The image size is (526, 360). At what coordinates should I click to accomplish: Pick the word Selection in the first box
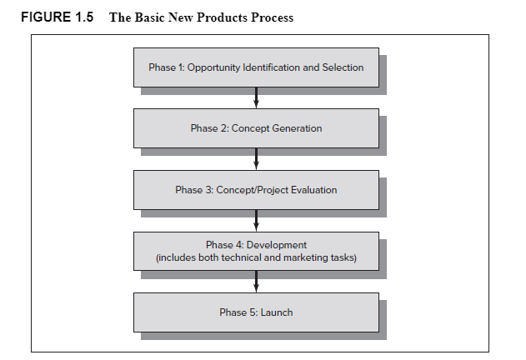point(343,67)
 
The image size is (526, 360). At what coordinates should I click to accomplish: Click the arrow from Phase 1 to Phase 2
point(256,98)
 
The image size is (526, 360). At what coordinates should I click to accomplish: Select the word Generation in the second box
point(296,128)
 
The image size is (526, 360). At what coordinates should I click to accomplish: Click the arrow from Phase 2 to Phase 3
point(256,159)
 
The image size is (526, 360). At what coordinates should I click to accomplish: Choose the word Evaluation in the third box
point(311,190)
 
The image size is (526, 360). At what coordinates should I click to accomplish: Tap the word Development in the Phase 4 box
point(277,245)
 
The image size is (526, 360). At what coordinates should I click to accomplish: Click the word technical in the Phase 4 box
point(237,258)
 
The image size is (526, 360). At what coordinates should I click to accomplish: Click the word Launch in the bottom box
point(277,312)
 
